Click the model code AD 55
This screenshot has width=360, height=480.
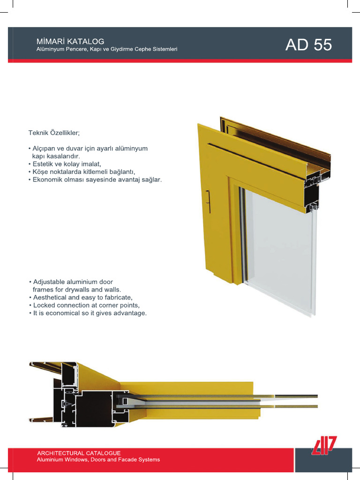click(x=308, y=45)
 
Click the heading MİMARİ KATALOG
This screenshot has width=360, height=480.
click(x=70, y=41)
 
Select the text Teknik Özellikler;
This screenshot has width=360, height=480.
click(x=54, y=133)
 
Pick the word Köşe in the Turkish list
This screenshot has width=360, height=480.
click(x=40, y=172)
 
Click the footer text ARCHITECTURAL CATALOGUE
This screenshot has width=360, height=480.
click(x=79, y=453)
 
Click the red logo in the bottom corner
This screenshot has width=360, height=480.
click(x=324, y=445)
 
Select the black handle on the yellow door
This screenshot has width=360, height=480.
click(x=209, y=201)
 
